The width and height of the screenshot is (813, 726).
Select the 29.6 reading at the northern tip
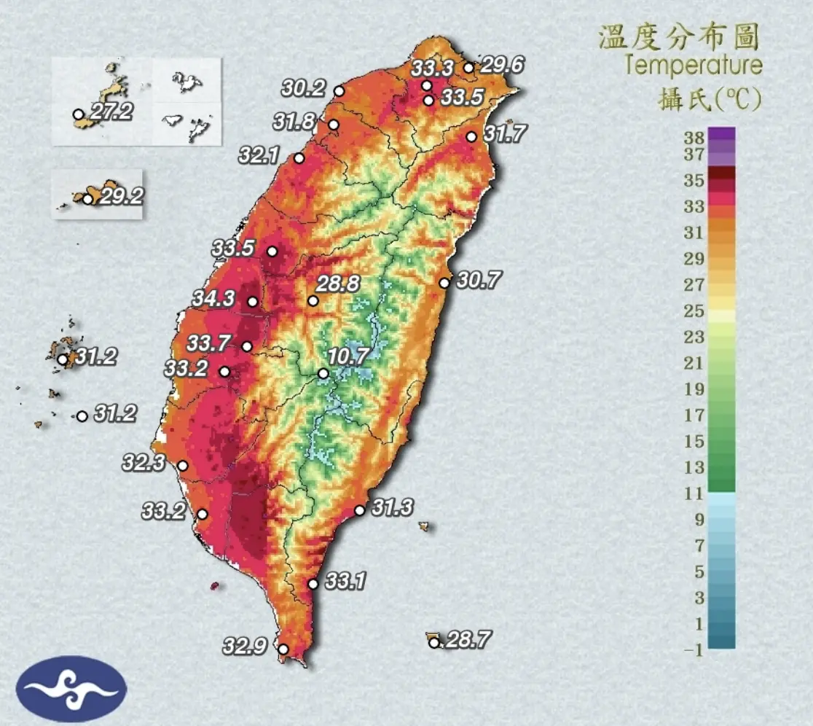(502, 65)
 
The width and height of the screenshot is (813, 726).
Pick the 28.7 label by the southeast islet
(468, 641)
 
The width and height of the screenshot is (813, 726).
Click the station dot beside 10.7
(323, 374)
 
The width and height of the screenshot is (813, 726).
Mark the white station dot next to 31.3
(359, 510)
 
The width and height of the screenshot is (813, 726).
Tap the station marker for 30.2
(339, 91)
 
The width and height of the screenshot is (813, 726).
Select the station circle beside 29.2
(88, 198)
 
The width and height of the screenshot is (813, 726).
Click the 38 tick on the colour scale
(694, 136)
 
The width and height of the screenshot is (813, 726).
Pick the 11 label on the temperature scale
(694, 494)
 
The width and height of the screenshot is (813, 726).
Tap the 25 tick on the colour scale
(694, 311)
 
